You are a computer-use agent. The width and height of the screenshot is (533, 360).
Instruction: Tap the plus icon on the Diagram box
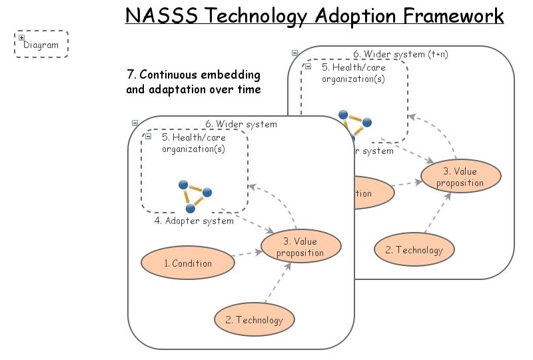pos(21,38)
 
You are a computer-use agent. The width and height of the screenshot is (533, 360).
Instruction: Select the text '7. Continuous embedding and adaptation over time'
pos(193,81)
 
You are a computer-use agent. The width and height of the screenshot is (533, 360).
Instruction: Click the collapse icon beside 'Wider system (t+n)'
pos(294,53)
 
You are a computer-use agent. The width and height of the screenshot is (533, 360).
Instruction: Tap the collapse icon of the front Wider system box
pos(135,123)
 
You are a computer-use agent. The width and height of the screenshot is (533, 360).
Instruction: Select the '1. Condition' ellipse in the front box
pos(188,263)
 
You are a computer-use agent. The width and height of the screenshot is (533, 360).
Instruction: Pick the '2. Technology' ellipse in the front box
pos(254,320)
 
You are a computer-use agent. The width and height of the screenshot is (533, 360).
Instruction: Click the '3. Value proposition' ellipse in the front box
pos(300,247)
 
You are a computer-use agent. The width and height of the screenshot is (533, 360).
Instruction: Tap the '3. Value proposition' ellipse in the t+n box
pos(460,177)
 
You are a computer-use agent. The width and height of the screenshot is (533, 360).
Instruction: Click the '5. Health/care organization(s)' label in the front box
pos(194,143)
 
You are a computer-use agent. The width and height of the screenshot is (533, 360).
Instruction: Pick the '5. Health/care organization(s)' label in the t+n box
pos(354,73)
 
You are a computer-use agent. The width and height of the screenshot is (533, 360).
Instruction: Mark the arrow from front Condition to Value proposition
pos(247,253)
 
